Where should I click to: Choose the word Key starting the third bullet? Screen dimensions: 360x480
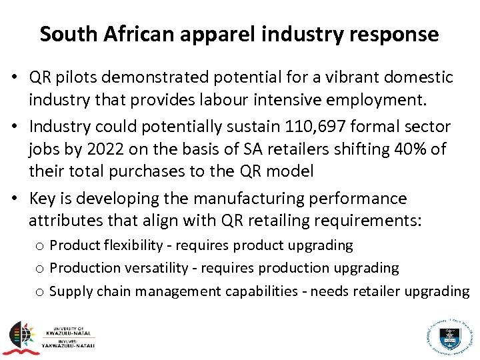click(x=43, y=198)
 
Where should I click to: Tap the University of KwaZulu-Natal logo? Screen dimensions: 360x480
click(x=49, y=336)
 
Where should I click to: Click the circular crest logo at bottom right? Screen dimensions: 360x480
click(x=449, y=333)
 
